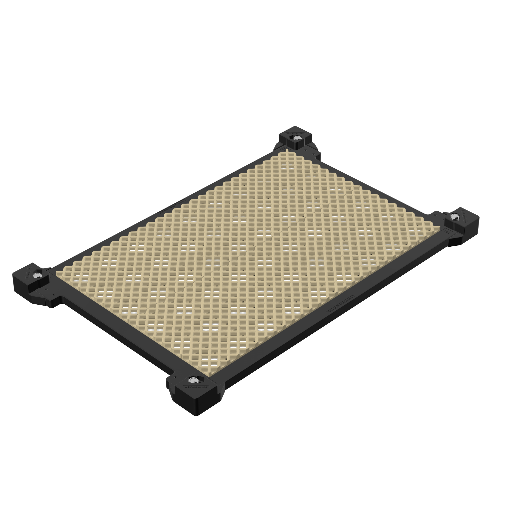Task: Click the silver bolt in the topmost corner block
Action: pyautogui.click(x=296, y=138)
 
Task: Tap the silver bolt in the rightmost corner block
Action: pyautogui.click(x=453, y=216)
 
